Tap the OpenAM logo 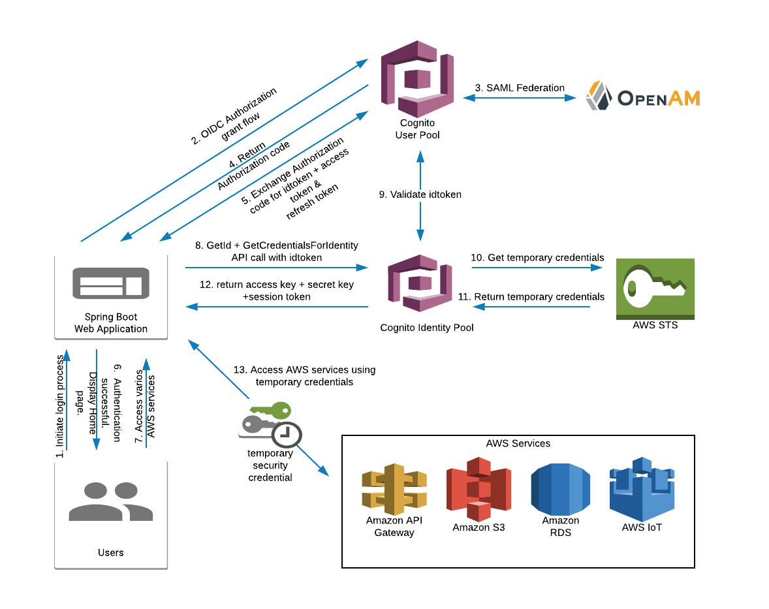(642, 97)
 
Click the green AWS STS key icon (655, 288)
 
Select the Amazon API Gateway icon (394, 488)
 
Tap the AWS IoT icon (642, 488)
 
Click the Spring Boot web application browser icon (110, 282)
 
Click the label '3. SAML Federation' (520, 87)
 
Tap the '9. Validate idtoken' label (420, 194)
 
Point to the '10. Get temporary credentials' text (537, 258)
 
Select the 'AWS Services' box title (518, 443)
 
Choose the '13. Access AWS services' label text (304, 375)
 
